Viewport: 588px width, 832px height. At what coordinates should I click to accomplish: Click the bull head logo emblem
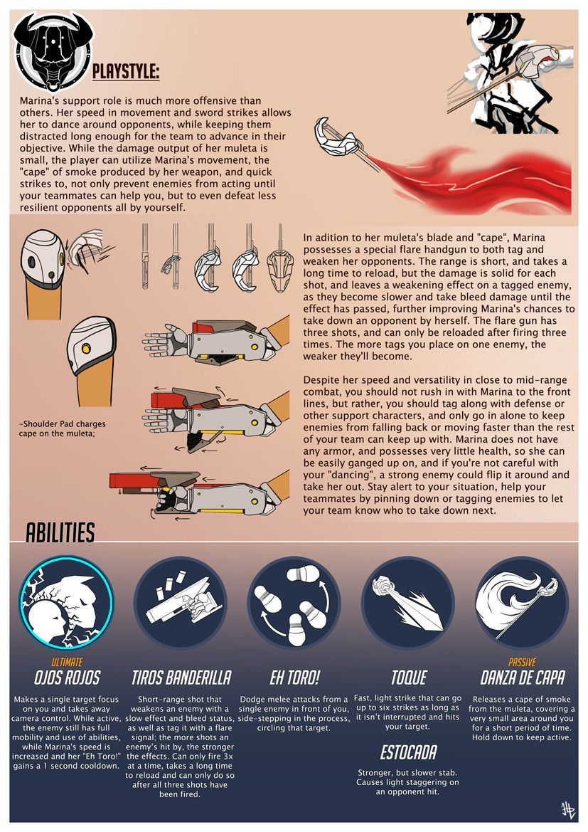(x=54, y=52)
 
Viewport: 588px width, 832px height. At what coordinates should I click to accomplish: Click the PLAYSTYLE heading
(x=126, y=72)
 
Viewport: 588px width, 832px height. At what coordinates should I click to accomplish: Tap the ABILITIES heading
(x=60, y=533)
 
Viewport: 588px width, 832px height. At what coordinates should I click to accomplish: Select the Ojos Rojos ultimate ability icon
(x=67, y=601)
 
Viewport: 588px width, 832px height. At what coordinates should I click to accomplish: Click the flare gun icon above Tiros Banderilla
(x=181, y=601)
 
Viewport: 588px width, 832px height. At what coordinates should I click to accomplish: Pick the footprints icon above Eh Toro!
(x=294, y=601)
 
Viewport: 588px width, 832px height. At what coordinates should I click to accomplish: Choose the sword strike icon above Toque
(x=408, y=601)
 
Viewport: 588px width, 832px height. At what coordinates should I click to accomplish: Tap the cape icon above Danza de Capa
(x=522, y=601)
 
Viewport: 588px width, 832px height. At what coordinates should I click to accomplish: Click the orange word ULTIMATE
(x=67, y=662)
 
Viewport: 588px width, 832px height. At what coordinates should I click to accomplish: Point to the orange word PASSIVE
(x=523, y=662)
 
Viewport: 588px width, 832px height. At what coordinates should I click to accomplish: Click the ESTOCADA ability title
(x=408, y=752)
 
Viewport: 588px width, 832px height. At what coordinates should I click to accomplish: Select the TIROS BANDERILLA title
(x=181, y=678)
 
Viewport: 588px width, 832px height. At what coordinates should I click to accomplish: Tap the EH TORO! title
(x=295, y=678)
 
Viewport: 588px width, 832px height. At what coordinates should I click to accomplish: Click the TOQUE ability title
(x=409, y=678)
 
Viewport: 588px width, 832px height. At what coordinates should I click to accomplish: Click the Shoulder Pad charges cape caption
(x=62, y=428)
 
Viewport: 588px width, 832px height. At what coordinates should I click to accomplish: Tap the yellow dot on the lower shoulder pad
(x=86, y=348)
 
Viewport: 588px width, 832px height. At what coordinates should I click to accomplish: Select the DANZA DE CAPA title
(x=523, y=678)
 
